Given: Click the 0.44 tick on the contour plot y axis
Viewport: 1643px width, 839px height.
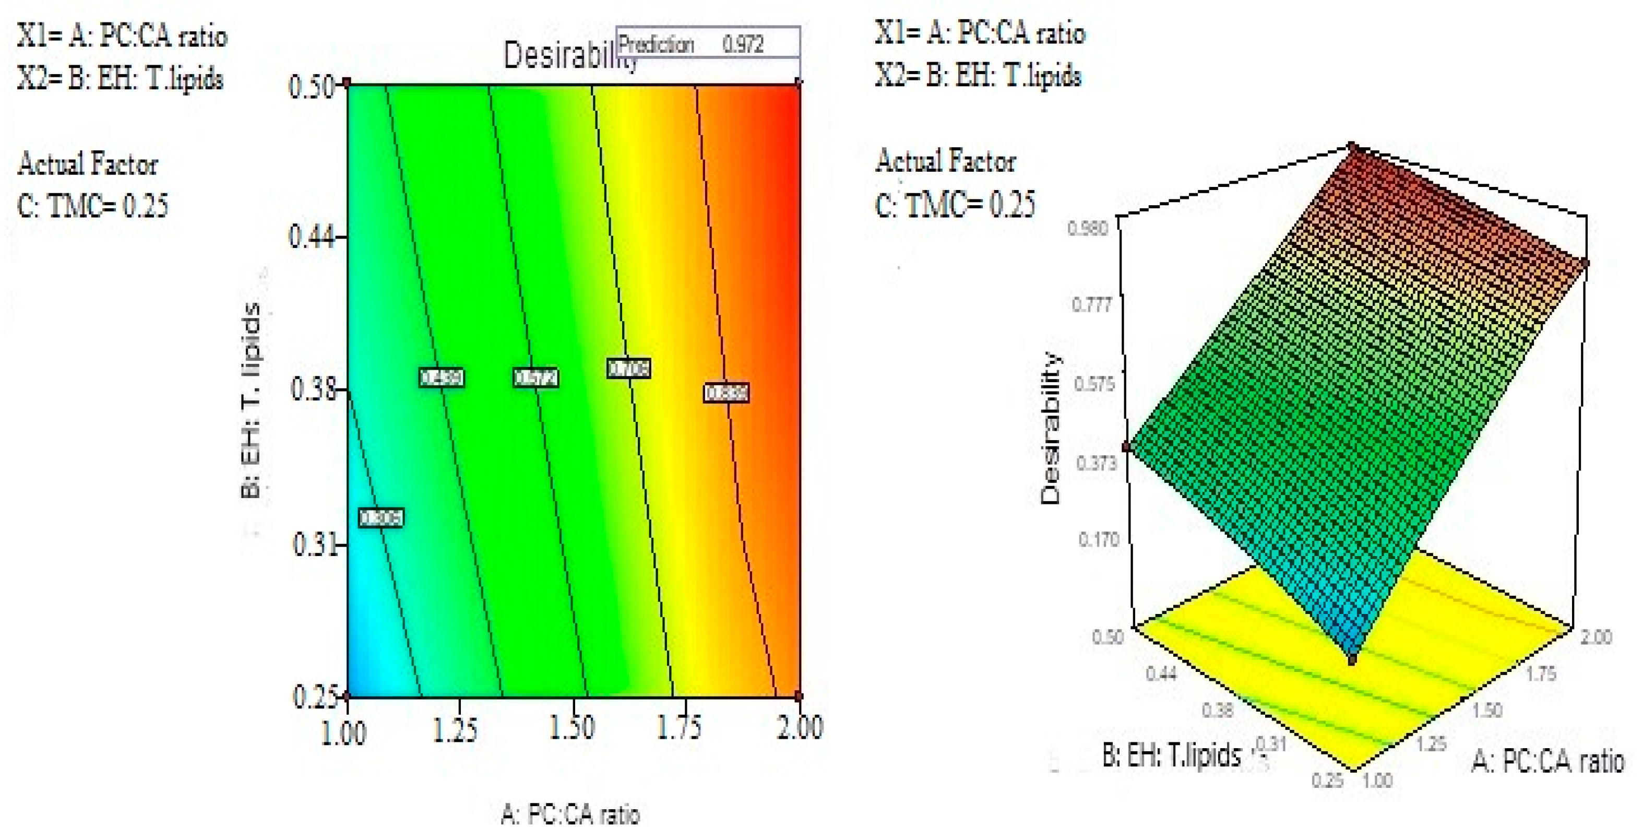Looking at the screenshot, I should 310,238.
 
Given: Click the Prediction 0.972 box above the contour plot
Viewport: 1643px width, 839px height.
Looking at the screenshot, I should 707,44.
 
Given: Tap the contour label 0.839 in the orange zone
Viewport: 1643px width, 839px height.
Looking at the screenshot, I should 726,393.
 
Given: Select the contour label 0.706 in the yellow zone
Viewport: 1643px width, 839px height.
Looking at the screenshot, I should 628,369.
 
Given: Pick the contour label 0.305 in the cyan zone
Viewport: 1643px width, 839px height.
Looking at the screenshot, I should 381,517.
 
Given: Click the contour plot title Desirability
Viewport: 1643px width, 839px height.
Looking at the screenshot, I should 561,56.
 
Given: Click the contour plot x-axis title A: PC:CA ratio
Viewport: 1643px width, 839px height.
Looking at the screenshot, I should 569,814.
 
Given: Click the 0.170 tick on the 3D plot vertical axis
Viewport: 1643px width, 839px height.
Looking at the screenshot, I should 1098,540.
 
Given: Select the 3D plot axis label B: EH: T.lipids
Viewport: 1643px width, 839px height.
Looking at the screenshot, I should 1171,755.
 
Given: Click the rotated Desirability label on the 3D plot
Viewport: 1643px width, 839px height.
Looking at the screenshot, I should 1050,428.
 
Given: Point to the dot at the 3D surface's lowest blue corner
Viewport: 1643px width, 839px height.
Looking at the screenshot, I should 1352,660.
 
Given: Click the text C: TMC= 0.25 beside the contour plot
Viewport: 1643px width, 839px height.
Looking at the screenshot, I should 93,206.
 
